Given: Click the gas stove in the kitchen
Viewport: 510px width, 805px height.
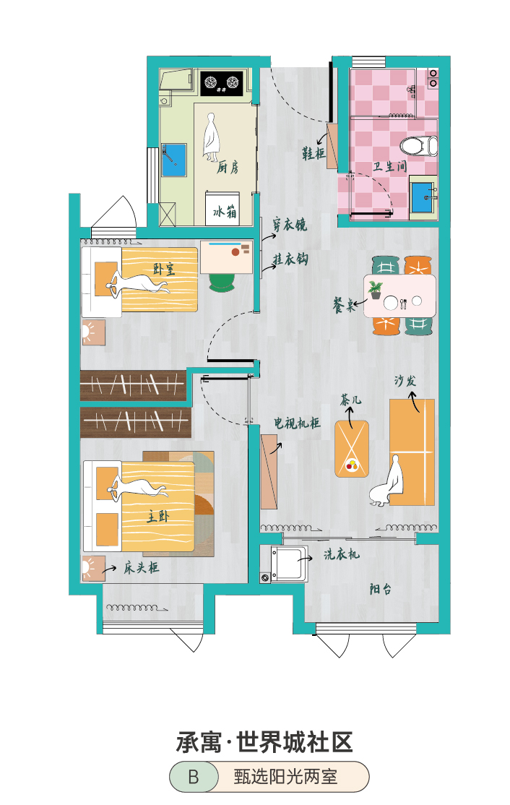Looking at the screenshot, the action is click(x=222, y=82).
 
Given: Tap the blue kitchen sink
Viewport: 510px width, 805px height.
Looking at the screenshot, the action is click(x=174, y=160).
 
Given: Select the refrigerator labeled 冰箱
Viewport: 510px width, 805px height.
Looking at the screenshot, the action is click(x=222, y=208).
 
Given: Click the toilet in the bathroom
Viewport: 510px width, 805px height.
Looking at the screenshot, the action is click(x=419, y=145).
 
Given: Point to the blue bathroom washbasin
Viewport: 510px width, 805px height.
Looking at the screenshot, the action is click(x=423, y=197).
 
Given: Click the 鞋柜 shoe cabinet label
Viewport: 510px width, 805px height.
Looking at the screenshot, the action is click(x=313, y=152).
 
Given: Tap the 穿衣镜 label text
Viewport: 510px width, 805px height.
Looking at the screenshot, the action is click(x=290, y=224).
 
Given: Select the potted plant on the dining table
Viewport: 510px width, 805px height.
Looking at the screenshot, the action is click(x=376, y=290).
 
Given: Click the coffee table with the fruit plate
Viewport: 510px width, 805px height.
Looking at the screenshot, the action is click(x=352, y=449).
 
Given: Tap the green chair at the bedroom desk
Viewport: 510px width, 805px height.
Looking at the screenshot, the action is click(x=222, y=282).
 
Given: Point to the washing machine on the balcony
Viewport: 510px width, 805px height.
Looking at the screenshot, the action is click(x=290, y=564).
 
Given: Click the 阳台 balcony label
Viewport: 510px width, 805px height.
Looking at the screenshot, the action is click(x=380, y=589).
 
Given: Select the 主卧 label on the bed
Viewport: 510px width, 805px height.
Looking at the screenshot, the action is click(x=157, y=515).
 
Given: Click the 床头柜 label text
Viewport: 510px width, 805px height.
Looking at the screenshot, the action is click(x=141, y=567).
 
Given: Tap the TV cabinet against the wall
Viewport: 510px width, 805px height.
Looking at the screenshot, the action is click(x=269, y=472).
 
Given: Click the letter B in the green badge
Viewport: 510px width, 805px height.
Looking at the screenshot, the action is click(x=194, y=777).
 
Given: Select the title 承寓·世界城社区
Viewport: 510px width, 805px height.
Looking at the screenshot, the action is click(x=264, y=742).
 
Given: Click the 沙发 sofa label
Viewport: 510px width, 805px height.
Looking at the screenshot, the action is click(x=405, y=380).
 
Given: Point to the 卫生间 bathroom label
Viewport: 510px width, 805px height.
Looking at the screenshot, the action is click(x=390, y=166).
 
